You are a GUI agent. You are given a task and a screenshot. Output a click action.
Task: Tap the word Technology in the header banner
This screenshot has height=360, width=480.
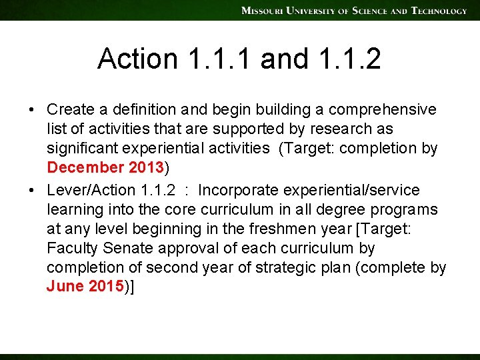click(x=439, y=11)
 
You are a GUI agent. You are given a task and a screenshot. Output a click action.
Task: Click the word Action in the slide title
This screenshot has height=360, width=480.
click(x=138, y=59)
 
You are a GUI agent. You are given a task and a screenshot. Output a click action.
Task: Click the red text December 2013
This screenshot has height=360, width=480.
click(x=105, y=167)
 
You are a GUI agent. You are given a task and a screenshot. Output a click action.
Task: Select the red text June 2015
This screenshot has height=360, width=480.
click(x=85, y=287)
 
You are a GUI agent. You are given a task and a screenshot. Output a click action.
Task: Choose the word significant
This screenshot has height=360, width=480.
click(x=84, y=147)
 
